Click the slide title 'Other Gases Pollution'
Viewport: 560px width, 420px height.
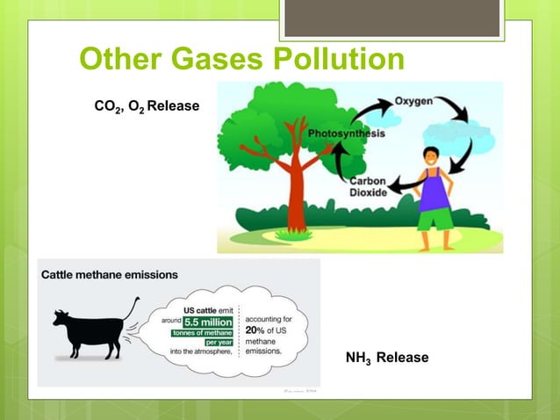[x=241, y=61]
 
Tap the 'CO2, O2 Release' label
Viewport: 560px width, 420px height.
[x=147, y=107]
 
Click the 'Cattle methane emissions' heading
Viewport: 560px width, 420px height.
[x=110, y=274]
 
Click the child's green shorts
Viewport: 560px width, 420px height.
[x=434, y=220]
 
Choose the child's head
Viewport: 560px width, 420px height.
[x=433, y=157]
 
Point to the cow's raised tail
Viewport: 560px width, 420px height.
[x=131, y=307]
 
